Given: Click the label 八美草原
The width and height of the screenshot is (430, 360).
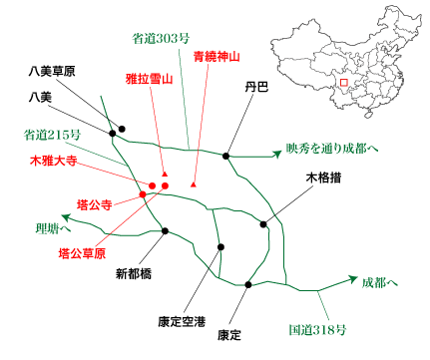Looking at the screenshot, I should tap(53, 71).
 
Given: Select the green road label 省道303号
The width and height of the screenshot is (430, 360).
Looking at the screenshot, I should tap(162, 39).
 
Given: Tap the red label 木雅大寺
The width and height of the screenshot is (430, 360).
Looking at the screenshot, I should tap(54, 160).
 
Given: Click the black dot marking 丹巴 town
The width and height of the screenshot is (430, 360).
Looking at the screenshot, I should tap(227, 156).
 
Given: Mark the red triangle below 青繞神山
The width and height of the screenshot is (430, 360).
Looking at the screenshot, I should tap(193, 186).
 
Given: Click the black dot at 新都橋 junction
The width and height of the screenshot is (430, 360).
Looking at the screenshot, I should tap(166, 231).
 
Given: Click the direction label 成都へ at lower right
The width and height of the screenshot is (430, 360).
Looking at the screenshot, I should tap(380, 282).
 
